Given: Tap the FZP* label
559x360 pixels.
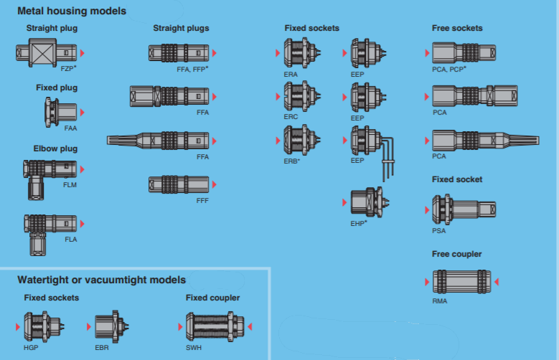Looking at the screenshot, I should [x=69, y=67].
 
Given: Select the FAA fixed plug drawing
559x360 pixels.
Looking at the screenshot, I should [x=60, y=112].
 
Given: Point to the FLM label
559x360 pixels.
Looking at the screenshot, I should [x=70, y=184].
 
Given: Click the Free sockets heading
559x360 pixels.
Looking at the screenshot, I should [x=457, y=28].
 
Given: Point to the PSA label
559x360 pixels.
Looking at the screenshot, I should [x=438, y=230].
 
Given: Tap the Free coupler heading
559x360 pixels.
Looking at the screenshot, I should [x=456, y=254].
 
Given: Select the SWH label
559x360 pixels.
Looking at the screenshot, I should [x=193, y=347].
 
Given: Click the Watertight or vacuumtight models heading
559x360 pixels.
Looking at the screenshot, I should [x=101, y=280].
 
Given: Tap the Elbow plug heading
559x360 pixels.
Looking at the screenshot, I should [x=55, y=148].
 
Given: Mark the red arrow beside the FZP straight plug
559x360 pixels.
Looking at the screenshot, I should [x=83, y=53].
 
